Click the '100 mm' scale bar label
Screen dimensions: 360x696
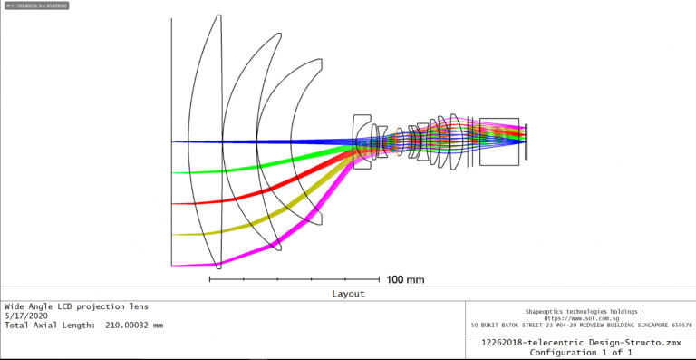pos(405,279)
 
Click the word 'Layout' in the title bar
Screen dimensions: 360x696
pos(347,294)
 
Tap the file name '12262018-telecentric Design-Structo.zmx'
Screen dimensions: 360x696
pos(579,342)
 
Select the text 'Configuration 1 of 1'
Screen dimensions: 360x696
pos(579,352)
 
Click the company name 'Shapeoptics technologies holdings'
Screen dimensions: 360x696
pos(577,309)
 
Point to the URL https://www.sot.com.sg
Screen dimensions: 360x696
pos(579,317)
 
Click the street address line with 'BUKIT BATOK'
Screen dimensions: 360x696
pos(581,325)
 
